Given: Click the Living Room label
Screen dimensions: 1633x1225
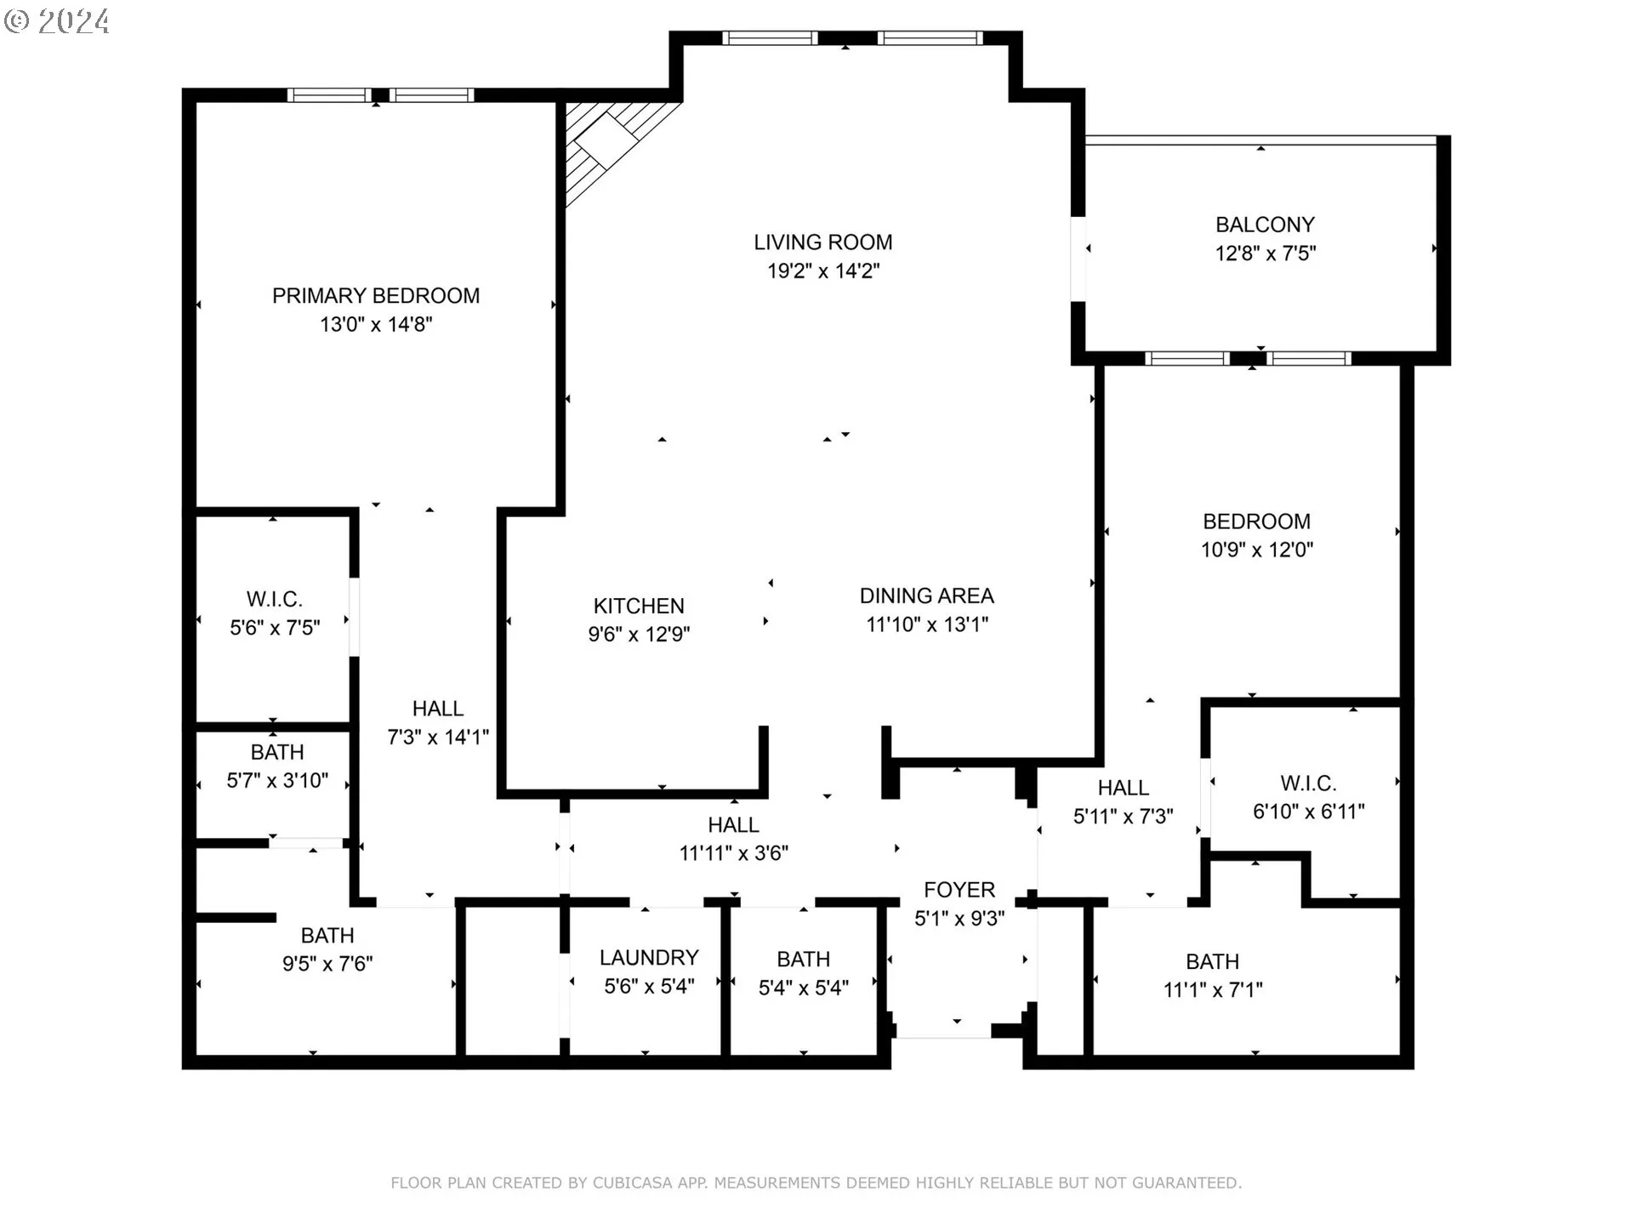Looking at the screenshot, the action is (x=823, y=242).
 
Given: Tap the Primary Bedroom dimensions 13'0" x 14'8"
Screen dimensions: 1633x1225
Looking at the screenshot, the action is (x=376, y=324).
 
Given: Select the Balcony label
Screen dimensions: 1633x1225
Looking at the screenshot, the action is (x=1265, y=225).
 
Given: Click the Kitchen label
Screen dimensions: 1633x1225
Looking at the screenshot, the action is (x=639, y=606).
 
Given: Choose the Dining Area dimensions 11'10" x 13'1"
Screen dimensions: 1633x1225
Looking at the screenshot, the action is (x=927, y=624).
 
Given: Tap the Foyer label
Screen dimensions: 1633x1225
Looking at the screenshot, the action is (x=959, y=890).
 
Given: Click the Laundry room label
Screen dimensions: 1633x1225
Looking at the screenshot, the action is (x=649, y=958).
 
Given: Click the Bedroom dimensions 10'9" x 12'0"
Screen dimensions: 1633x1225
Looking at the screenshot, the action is (x=1257, y=550).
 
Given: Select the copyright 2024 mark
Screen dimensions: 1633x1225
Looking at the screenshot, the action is (x=57, y=21).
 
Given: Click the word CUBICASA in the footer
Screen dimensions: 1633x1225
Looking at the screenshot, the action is (x=634, y=1183).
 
